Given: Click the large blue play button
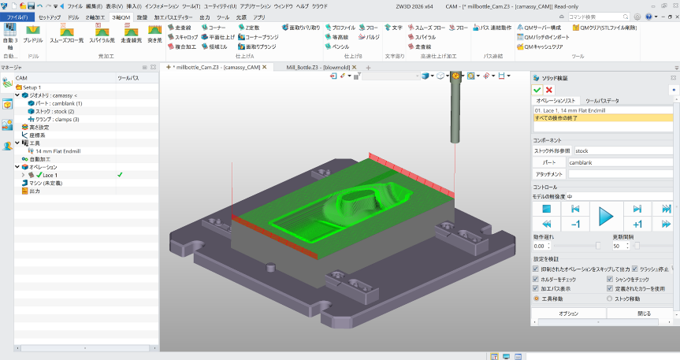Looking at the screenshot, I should pos(605,215).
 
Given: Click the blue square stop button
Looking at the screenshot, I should pos(545,208).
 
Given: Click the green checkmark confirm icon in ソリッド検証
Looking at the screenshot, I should pos(537,90).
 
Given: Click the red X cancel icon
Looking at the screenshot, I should pos(549,90).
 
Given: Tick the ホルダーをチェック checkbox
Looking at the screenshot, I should pos(536,279).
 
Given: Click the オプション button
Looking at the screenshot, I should pos(567,314).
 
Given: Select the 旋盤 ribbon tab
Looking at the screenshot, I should pos(141,17).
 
